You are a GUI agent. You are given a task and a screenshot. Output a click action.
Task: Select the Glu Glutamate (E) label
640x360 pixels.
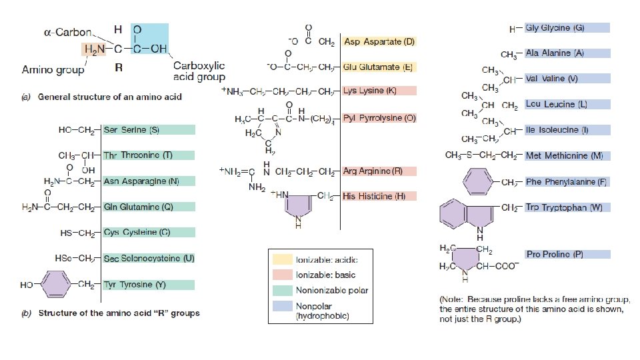[379, 67]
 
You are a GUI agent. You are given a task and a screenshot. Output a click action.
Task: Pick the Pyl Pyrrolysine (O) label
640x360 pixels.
[379, 118]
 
